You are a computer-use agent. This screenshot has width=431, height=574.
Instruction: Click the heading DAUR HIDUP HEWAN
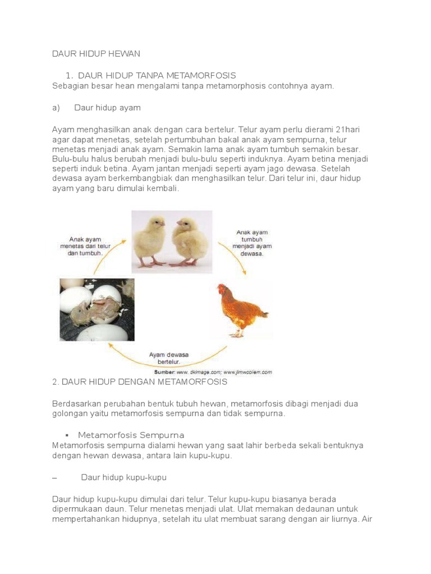95,54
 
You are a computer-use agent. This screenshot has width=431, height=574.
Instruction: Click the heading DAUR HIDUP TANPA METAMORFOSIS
157,75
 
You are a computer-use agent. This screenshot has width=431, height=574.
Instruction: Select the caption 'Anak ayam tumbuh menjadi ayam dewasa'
252,242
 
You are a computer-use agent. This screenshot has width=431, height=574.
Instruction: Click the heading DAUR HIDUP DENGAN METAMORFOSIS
139,382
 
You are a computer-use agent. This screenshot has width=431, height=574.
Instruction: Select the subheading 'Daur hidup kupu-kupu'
123,478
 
